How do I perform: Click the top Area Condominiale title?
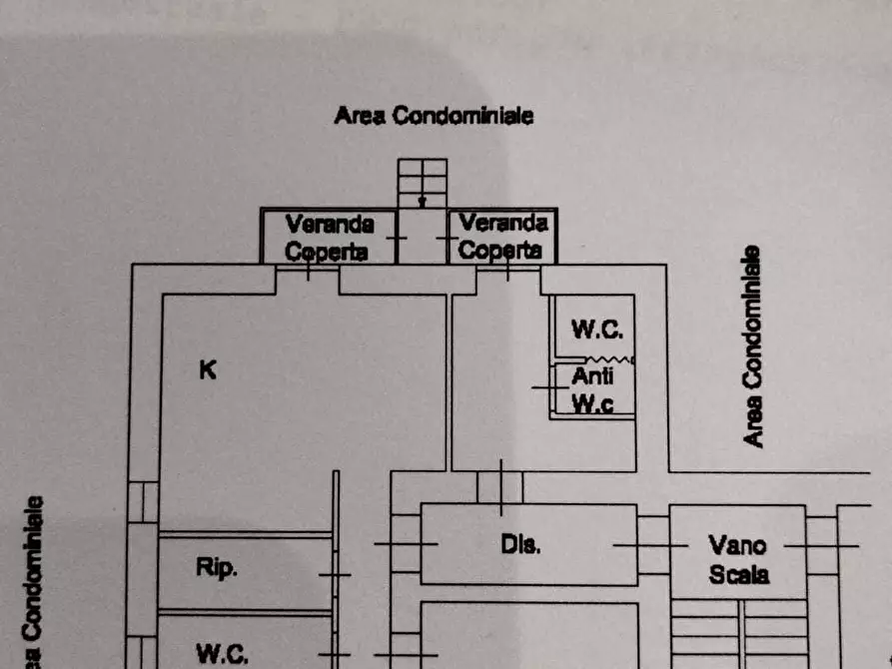(434, 116)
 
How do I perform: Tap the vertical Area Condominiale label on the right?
(752, 346)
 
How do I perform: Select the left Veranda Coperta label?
(329, 238)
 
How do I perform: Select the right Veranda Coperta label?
(502, 236)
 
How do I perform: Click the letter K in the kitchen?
(208, 369)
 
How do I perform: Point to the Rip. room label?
(216, 567)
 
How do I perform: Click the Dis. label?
(520, 544)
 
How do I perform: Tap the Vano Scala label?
(738, 560)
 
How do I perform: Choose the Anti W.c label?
(592, 389)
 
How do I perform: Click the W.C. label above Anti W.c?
(596, 330)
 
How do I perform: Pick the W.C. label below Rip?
(222, 654)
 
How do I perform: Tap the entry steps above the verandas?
(423, 183)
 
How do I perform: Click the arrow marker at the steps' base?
(423, 202)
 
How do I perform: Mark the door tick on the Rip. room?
(335, 575)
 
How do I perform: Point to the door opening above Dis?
(500, 487)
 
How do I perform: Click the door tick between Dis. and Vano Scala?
(651, 545)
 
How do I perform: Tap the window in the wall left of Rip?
(143, 502)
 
